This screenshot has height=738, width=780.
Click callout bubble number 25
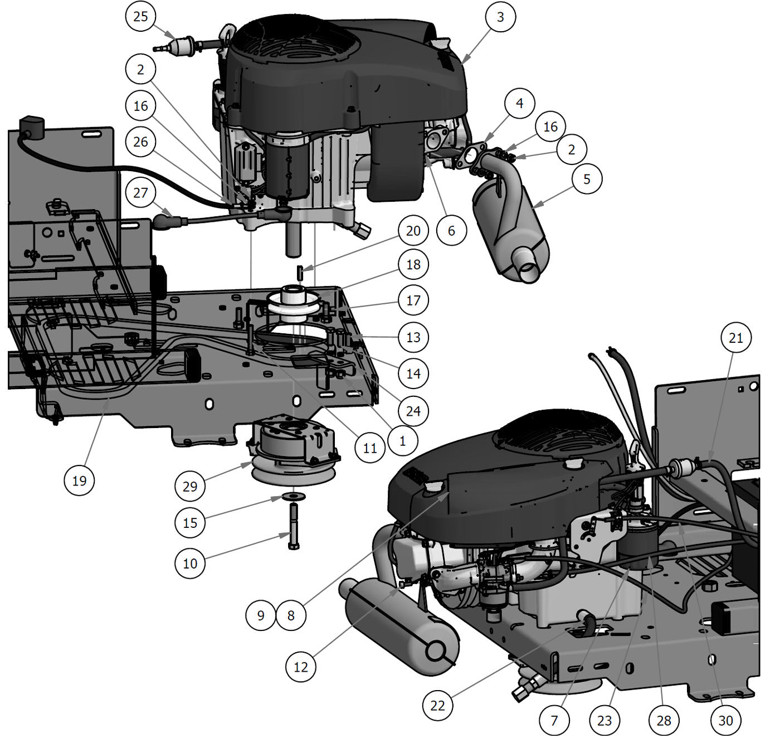click(x=140, y=17)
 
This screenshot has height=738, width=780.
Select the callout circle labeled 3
click(x=500, y=17)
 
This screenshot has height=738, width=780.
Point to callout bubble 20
click(x=413, y=230)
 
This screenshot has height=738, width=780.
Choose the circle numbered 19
click(x=79, y=480)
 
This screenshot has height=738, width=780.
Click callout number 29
click(x=190, y=486)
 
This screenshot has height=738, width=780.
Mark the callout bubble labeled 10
click(x=190, y=563)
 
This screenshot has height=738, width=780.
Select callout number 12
click(x=300, y=667)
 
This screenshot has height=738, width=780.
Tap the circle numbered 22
click(x=437, y=705)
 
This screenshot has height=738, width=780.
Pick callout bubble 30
click(x=725, y=721)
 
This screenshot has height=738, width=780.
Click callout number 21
click(x=735, y=337)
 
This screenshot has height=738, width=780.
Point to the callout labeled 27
click(x=140, y=192)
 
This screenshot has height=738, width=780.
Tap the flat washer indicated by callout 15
click(x=294, y=496)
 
